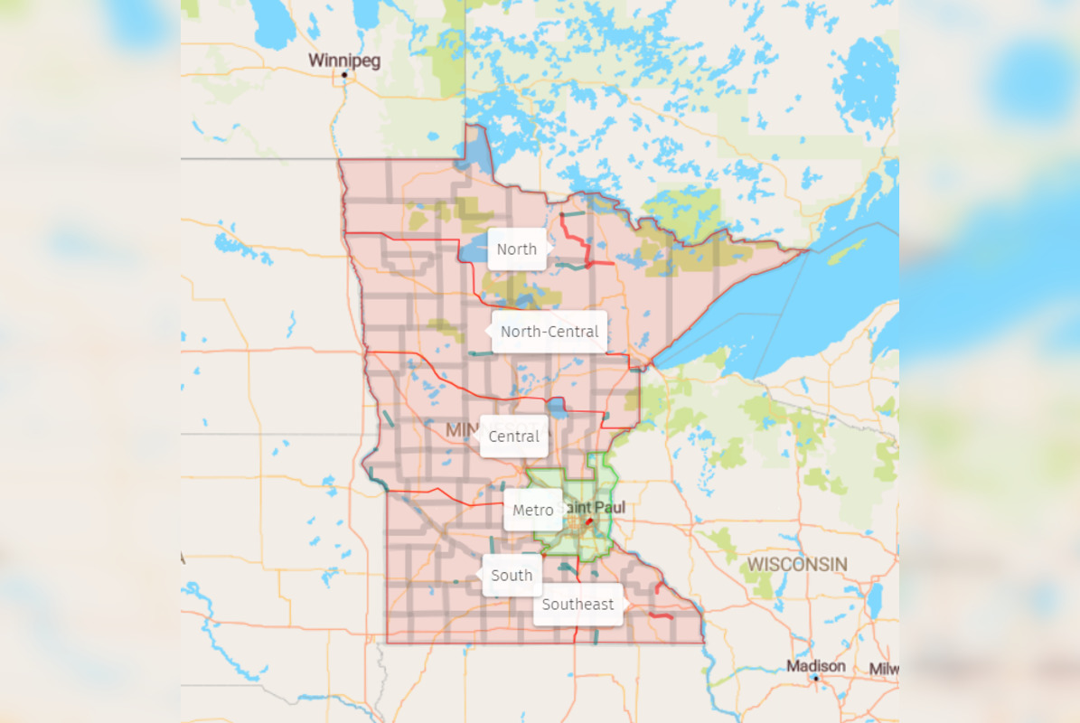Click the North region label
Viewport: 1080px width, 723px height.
(517, 249)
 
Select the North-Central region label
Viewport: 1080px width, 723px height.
(549, 332)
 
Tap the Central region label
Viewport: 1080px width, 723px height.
(513, 437)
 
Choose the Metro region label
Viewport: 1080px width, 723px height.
(533, 511)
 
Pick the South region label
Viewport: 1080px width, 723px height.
(512, 576)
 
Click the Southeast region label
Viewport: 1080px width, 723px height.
(578, 605)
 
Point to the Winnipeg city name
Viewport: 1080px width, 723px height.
(344, 61)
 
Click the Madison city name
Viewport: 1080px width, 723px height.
(816, 666)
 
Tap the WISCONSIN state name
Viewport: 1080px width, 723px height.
(796, 565)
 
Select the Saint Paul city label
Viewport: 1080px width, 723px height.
(595, 508)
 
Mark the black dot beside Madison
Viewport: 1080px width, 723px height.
(815, 677)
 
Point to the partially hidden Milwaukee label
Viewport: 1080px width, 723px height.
(883, 669)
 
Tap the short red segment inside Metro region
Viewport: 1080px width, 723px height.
(587, 522)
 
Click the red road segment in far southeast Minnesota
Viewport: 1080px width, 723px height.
(662, 615)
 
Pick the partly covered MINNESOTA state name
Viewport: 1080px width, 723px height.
(462, 431)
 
